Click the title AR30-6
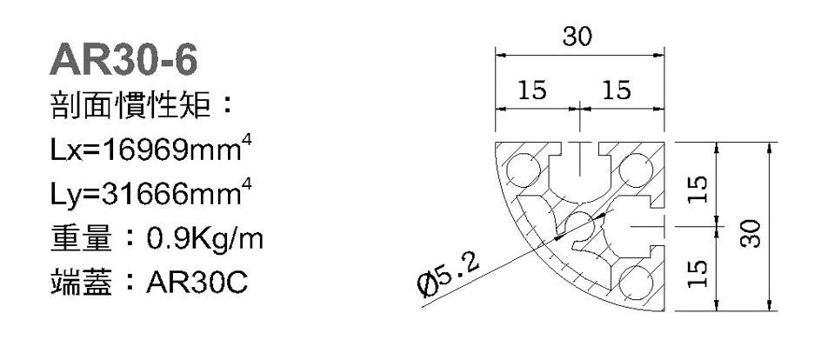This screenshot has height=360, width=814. (123, 60)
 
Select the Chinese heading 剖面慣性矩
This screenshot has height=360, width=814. (130, 105)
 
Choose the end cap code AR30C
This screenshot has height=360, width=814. (197, 283)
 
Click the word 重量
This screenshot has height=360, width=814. (82, 239)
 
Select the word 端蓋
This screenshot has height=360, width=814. (82, 283)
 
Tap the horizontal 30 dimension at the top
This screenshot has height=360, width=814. (577, 37)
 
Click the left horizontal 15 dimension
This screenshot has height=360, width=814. (532, 90)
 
